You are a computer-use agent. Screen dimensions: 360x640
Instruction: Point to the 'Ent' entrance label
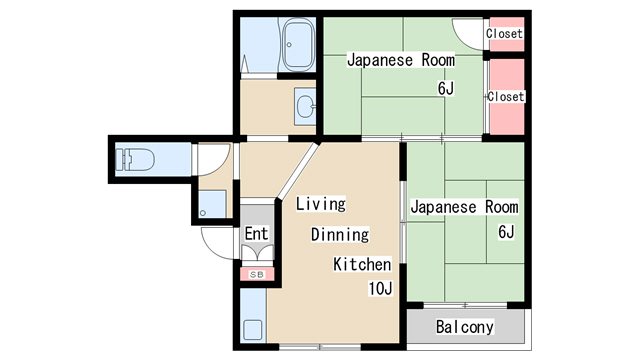click(x=256, y=235)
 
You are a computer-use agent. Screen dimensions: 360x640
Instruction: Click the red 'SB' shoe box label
click(x=255, y=273)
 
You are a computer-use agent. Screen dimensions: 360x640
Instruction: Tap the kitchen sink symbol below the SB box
click(x=253, y=330)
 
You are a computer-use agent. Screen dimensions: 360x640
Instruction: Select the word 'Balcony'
click(x=465, y=327)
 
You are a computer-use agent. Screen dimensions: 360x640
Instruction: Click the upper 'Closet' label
click(x=504, y=34)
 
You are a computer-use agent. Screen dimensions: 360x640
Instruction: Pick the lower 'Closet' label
click(x=505, y=97)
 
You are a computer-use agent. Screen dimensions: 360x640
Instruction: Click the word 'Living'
click(x=320, y=204)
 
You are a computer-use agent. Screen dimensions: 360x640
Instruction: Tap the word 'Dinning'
click(x=340, y=235)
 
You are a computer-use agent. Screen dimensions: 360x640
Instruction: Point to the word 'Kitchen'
click(x=361, y=265)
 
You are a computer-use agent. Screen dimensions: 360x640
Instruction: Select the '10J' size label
click(x=379, y=290)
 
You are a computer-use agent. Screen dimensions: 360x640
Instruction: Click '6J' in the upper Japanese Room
click(x=445, y=90)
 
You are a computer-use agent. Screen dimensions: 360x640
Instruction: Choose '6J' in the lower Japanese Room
click(x=505, y=233)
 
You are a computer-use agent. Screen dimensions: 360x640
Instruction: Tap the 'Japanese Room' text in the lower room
click(x=464, y=207)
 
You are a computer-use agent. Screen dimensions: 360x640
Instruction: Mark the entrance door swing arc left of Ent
click(x=216, y=241)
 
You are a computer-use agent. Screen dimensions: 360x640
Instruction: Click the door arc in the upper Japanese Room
click(x=466, y=32)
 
